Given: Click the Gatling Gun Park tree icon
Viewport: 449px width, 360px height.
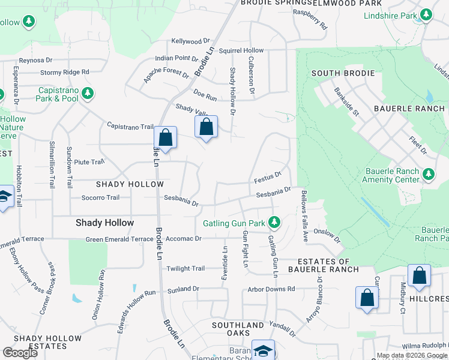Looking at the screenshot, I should coord(274,223).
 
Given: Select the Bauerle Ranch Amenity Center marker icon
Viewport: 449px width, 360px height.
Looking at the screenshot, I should coord(429,175).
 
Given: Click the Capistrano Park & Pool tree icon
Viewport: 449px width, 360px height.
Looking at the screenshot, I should coord(88,94).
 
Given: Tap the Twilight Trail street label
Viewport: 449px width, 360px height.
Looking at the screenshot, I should coord(186,268).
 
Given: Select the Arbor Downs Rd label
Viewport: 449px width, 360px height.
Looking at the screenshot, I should coord(271,289).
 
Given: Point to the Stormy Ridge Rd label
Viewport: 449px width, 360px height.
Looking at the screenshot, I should coord(65,72).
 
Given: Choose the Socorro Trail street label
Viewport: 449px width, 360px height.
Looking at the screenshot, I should coord(97,197).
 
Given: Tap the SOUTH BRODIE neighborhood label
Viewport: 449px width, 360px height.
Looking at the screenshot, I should coord(343,73).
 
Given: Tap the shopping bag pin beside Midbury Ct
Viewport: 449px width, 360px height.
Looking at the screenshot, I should coord(419,277).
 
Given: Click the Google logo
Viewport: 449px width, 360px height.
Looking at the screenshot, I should coord(20,353).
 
